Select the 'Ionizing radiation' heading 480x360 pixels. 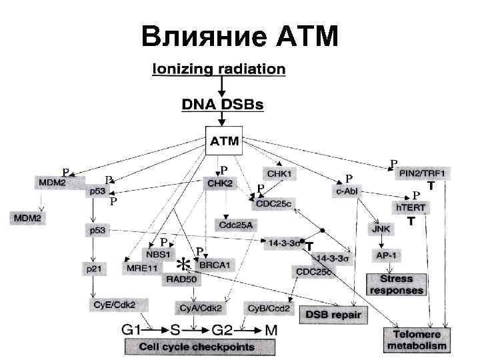coord(219,69)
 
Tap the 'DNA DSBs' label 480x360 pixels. coord(223,105)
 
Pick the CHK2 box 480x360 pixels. coord(220,183)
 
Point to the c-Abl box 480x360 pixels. coord(347,191)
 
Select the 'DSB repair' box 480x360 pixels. coord(332,313)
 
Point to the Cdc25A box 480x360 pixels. coord(235,224)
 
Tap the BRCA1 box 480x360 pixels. coord(215,265)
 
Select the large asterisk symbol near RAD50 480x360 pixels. coord(179,263)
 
